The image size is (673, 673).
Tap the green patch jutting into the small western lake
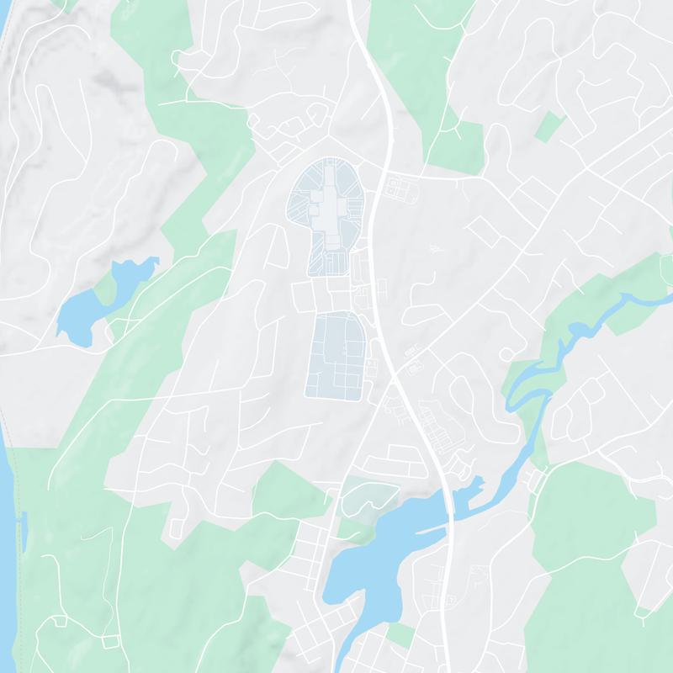[106, 289]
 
